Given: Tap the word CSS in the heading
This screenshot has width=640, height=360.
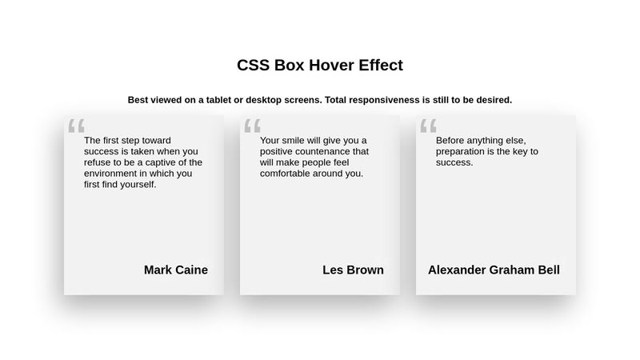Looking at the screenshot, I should (254, 66).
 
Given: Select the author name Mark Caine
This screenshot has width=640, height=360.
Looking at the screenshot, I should (176, 270).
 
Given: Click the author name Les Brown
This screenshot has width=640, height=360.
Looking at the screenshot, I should (353, 270).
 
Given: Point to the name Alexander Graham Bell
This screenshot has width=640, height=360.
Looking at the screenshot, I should (494, 270).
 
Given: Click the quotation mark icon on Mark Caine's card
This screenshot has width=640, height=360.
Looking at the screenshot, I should (76, 126).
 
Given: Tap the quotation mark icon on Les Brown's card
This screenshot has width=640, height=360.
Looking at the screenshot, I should (252, 126).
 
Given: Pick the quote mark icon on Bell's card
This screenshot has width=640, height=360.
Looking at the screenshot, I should (428, 126).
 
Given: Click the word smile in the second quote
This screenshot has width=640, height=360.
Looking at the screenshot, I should (298, 140).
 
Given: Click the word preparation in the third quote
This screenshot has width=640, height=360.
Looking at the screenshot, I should (464, 151).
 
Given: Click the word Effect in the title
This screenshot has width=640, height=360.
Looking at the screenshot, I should (380, 66).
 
